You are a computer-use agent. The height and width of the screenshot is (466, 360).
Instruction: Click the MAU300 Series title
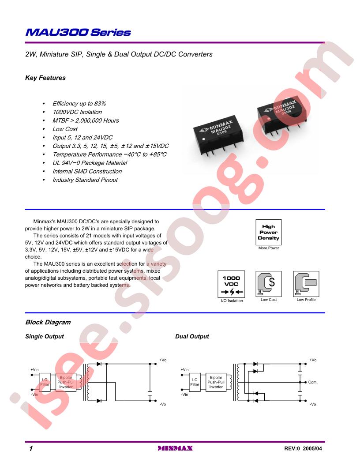tap(78, 32)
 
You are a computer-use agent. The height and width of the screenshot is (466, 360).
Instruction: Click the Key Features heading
tap(45, 78)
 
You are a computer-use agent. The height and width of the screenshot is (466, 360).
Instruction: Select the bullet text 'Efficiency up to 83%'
tap(79, 104)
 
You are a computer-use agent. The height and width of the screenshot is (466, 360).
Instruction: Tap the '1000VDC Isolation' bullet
tap(77, 112)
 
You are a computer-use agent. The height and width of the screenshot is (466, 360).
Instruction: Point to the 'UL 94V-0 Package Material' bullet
tap(90, 163)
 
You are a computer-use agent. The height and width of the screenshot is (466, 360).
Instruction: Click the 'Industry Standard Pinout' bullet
tap(85, 180)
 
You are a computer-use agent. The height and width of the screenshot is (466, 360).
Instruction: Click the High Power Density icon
tap(269, 232)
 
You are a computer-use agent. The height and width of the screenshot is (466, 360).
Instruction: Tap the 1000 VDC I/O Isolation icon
tap(231, 284)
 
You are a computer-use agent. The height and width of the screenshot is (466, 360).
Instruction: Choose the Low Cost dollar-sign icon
tap(269, 283)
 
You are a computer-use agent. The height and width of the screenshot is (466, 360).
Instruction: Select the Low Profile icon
tap(306, 283)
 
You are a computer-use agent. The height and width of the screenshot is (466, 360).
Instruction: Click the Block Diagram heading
tap(48, 322)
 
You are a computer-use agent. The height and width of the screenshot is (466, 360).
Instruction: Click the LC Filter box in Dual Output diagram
tap(195, 382)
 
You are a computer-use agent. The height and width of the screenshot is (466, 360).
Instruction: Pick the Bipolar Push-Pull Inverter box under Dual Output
tap(216, 382)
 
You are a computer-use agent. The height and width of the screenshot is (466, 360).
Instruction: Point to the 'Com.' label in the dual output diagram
tap(313, 382)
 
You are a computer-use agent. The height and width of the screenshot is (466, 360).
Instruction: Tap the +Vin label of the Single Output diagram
tap(35, 370)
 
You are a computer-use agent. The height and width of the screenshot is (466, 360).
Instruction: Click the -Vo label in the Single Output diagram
tap(163, 404)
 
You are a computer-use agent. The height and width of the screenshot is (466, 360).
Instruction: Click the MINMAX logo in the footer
tap(175, 448)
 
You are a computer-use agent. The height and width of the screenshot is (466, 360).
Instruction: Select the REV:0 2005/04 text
tap(303, 448)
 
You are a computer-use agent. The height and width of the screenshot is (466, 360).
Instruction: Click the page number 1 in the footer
tap(31, 448)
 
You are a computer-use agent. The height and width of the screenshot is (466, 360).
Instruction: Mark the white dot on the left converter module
tap(203, 139)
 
